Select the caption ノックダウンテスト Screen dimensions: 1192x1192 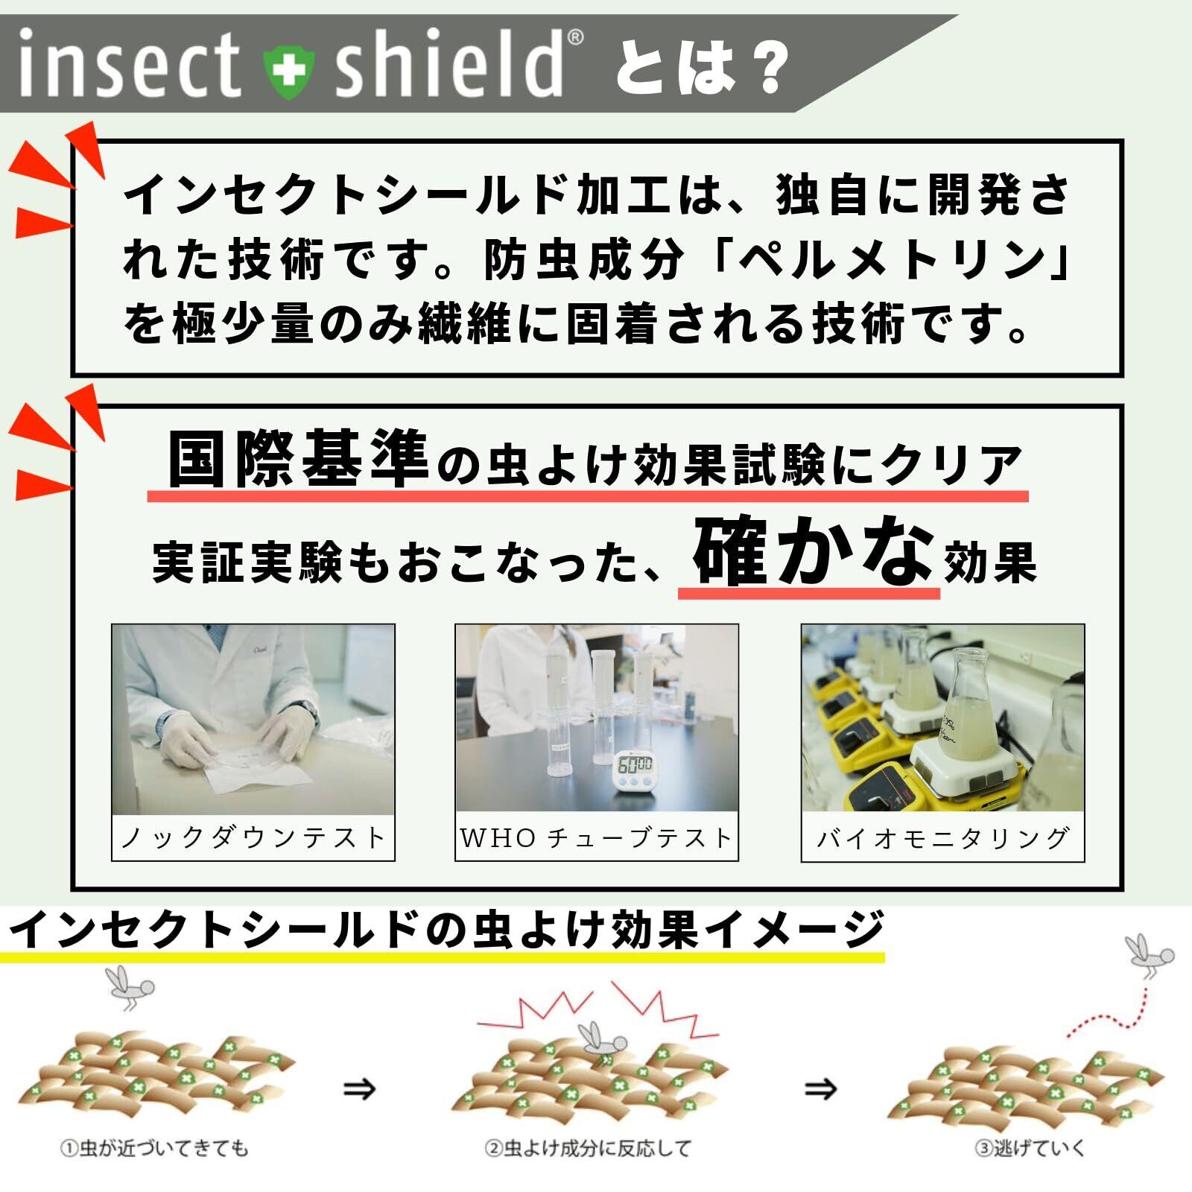point(253,838)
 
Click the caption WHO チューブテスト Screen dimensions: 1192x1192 point(596,838)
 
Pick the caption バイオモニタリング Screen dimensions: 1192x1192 point(942,838)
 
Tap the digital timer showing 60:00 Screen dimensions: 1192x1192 point(633,775)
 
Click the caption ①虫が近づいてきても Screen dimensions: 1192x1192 point(153,1148)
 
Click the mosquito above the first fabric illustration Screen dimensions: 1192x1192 point(131,987)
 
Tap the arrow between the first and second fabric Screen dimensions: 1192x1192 point(359,1089)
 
